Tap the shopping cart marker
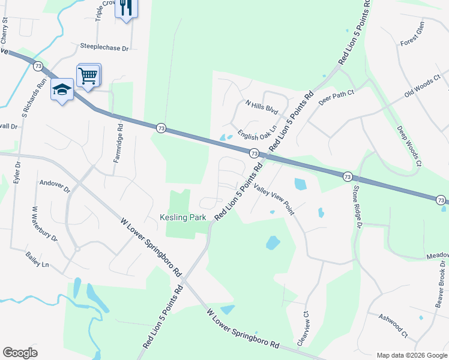click(88, 76)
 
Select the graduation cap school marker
click(62, 90)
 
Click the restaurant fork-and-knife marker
click(125, 8)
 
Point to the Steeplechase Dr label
click(105, 46)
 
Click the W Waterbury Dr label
click(44, 224)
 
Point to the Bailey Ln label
click(37, 259)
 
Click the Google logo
click(20, 353)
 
